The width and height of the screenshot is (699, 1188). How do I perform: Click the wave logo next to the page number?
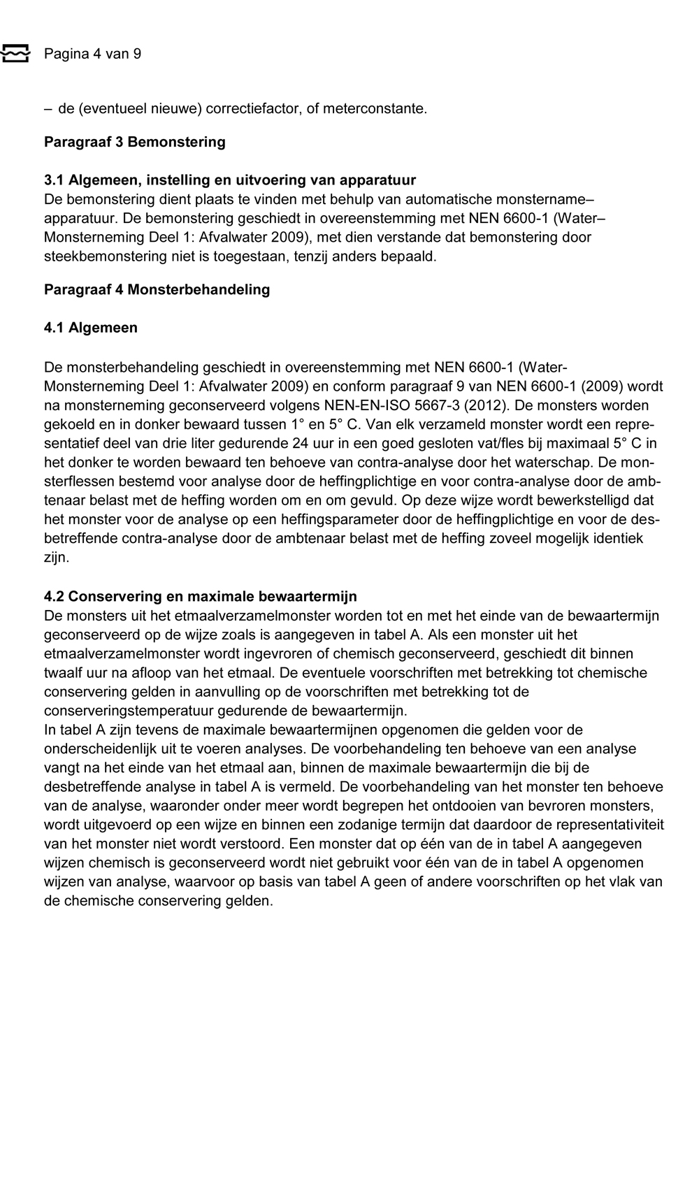click(x=15, y=53)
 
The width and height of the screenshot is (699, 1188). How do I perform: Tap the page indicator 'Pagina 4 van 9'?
click(x=92, y=54)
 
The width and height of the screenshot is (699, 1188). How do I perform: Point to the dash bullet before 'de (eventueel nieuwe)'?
click(x=48, y=109)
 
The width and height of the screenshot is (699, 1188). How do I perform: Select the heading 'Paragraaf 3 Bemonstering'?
click(x=134, y=142)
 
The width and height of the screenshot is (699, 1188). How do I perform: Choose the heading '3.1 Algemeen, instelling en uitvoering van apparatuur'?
click(x=229, y=180)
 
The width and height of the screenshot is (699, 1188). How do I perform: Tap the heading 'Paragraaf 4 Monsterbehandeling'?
click(x=157, y=289)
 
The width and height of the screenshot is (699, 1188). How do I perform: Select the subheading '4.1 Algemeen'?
click(x=90, y=328)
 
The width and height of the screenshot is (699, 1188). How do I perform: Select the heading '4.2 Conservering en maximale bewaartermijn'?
click(x=200, y=596)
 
